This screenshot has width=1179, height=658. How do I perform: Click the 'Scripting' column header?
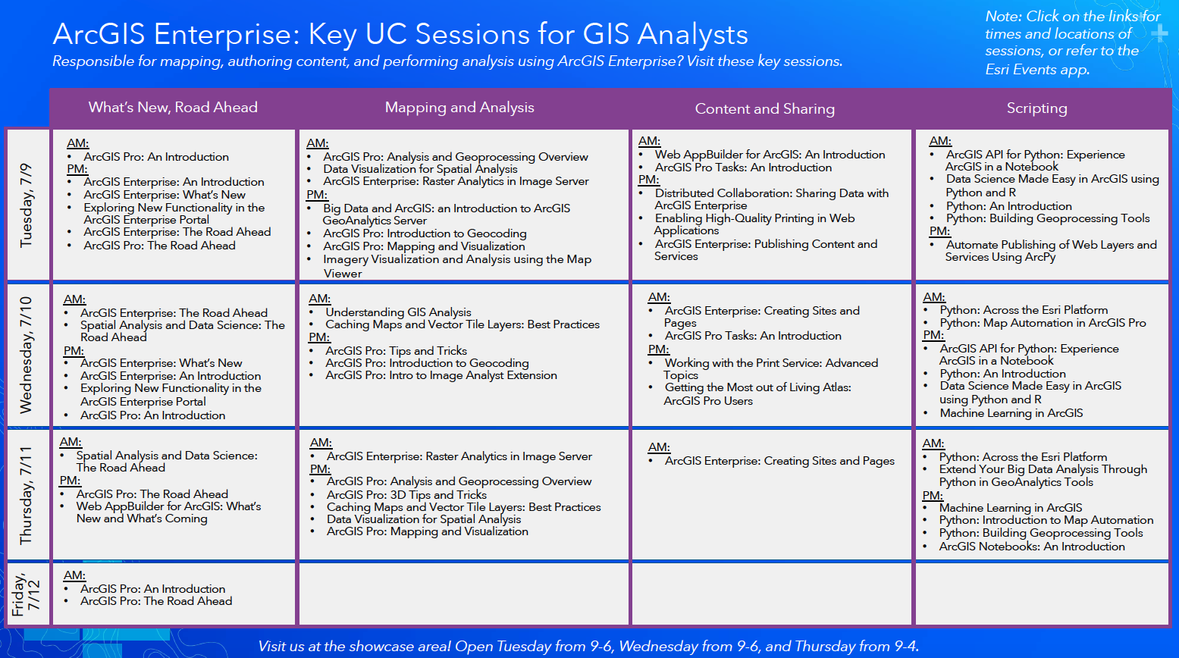tap(1036, 108)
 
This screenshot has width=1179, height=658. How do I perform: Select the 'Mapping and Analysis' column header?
tap(459, 108)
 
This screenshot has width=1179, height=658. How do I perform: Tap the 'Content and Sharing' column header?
tap(764, 109)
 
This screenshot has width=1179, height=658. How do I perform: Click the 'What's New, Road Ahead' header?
tap(173, 108)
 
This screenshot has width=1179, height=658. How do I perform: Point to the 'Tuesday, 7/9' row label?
tap(27, 205)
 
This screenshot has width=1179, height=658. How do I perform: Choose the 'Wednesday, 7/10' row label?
tap(27, 355)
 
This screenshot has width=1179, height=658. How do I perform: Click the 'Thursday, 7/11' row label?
tap(27, 495)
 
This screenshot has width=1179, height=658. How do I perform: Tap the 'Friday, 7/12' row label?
tap(27, 594)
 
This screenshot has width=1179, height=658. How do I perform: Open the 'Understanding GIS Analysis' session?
tap(398, 312)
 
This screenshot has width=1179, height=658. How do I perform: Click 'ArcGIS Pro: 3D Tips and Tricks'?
tap(406, 494)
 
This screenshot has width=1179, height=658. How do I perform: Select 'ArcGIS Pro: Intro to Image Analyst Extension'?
tap(441, 375)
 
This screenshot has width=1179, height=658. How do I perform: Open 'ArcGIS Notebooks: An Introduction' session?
tap(1031, 547)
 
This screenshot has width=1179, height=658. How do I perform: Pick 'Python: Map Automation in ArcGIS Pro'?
tap(1043, 323)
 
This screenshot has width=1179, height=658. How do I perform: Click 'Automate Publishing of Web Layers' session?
tap(1050, 245)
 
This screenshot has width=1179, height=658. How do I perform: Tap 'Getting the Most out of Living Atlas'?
tap(757, 387)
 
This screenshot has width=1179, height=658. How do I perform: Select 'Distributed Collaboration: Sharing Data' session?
tap(771, 193)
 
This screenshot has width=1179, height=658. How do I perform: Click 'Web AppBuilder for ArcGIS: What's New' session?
tap(168, 506)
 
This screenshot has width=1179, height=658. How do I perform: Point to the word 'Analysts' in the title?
tap(692, 35)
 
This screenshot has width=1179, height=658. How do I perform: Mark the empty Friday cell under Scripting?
tap(1042, 594)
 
